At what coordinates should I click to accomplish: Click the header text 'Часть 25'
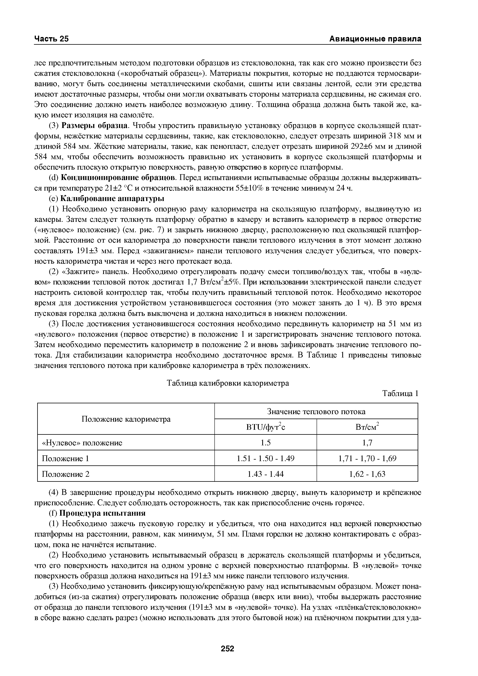51,39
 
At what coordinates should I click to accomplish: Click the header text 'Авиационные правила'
375,39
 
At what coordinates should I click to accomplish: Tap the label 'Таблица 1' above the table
400,394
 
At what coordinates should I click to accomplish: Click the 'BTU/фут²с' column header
265,427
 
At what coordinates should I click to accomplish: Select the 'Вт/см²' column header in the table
367,427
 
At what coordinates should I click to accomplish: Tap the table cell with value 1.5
265,442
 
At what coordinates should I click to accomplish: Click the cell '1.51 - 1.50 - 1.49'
265,458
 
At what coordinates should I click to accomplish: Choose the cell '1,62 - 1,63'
367,474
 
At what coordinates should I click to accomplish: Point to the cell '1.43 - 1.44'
265,474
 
